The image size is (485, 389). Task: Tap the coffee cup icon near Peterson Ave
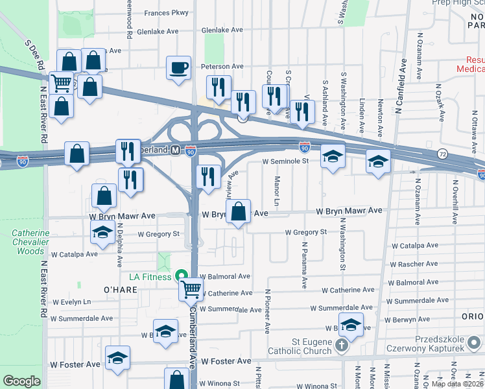[178, 67]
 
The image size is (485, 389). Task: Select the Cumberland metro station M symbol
[175, 150]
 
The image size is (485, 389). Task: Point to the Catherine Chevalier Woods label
[30, 242]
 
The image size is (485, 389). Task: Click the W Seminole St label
[285, 161]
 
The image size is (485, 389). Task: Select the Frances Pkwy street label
[166, 12]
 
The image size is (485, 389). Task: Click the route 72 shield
[442, 154]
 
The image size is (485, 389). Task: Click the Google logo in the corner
[21, 381]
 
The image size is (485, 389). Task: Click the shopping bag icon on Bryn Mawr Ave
[239, 211]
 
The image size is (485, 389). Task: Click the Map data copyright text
[456, 384]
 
